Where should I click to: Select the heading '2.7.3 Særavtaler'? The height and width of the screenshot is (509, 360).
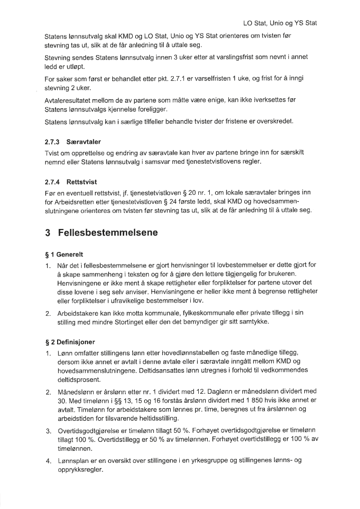(73, 142)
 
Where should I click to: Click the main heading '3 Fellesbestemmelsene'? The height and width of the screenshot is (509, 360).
(102, 233)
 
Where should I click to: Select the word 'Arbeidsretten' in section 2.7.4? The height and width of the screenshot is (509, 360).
(76, 200)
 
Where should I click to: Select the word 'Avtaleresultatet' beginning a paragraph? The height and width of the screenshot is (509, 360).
(68, 100)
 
